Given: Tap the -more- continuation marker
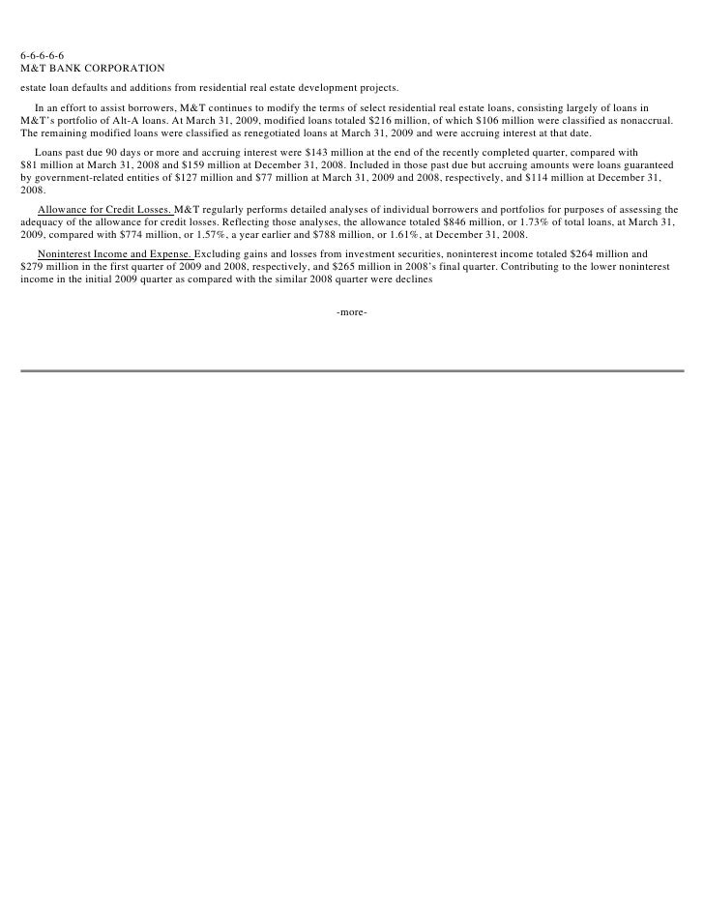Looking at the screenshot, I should [x=351, y=312].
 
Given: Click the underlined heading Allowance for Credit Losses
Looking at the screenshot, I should [x=104, y=210].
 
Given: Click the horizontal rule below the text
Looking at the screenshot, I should [x=352, y=370].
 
